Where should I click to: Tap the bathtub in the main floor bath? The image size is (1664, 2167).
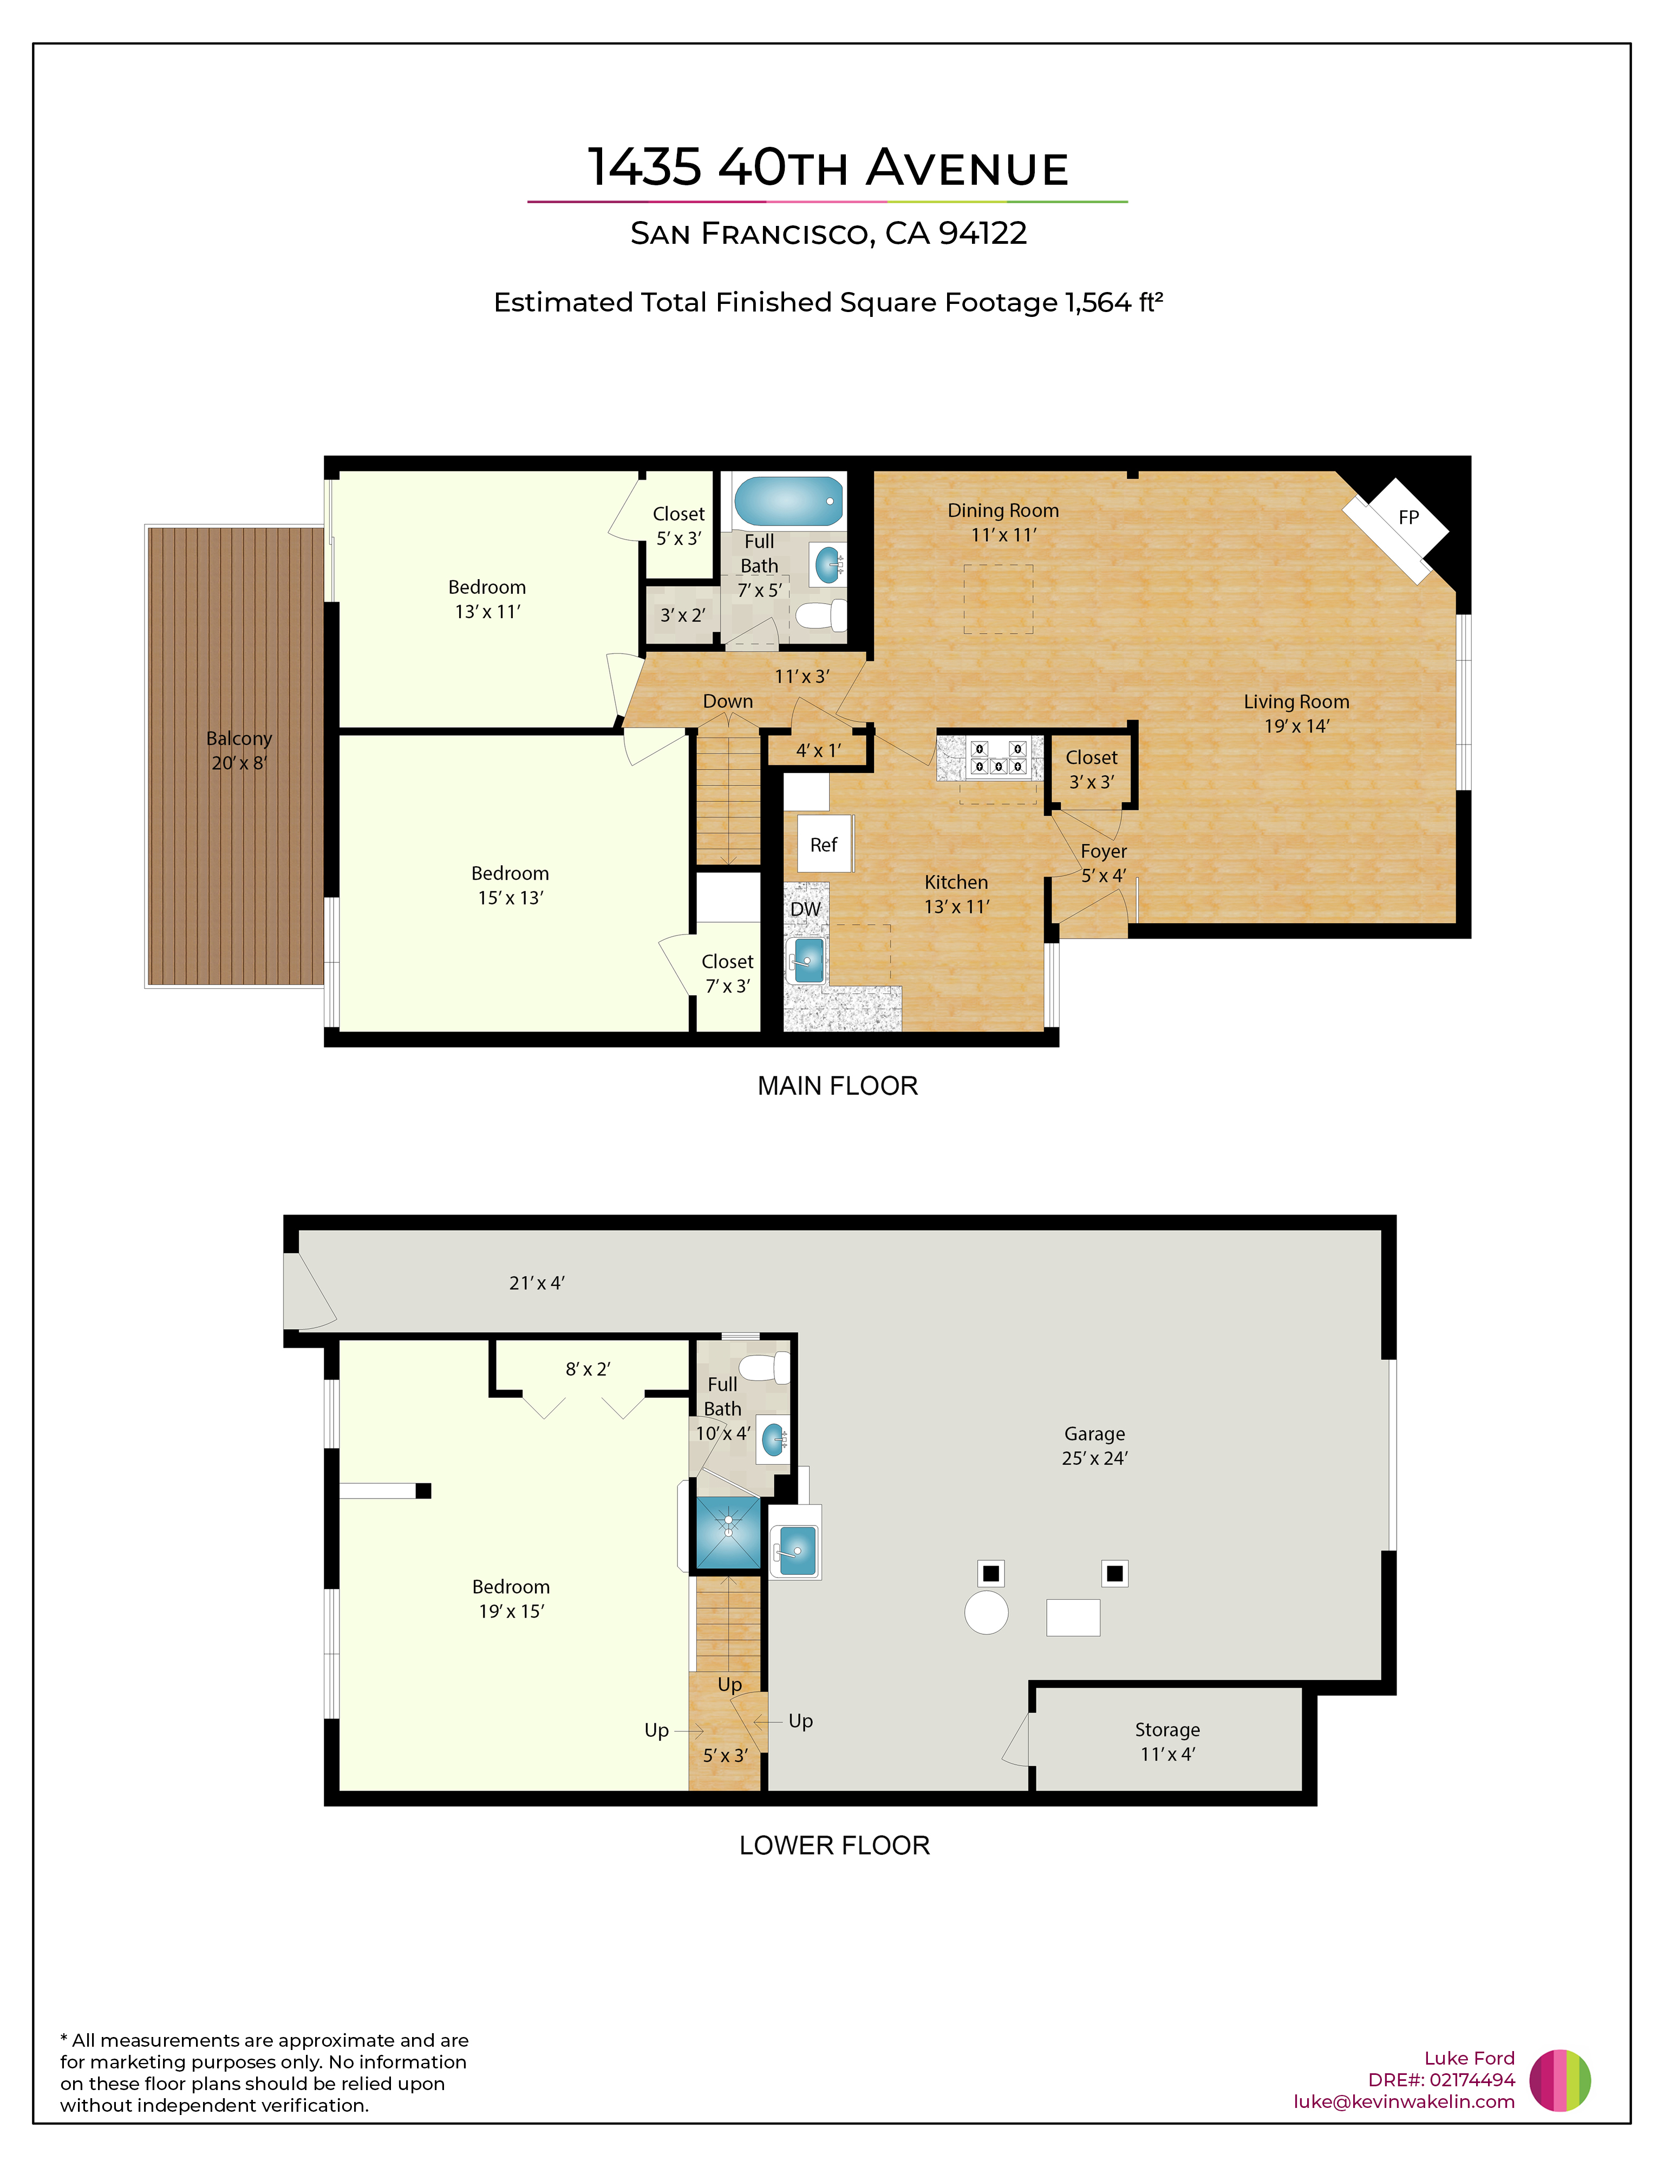tap(788, 501)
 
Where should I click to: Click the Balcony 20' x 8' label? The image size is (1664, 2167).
tap(239, 750)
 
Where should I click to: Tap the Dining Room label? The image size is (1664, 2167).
tap(1003, 510)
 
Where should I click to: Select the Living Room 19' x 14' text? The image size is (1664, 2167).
tap(1296, 713)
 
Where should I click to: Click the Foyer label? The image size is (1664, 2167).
tap(1104, 851)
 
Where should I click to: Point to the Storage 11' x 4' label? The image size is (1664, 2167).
tap(1168, 1741)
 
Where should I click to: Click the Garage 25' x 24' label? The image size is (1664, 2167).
tap(1094, 1445)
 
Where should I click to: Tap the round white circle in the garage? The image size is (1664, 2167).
tap(987, 1612)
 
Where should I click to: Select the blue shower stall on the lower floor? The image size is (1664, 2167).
tap(728, 1533)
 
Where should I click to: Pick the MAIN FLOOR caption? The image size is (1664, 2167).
tap(837, 1086)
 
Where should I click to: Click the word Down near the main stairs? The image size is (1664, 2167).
tap(728, 700)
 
